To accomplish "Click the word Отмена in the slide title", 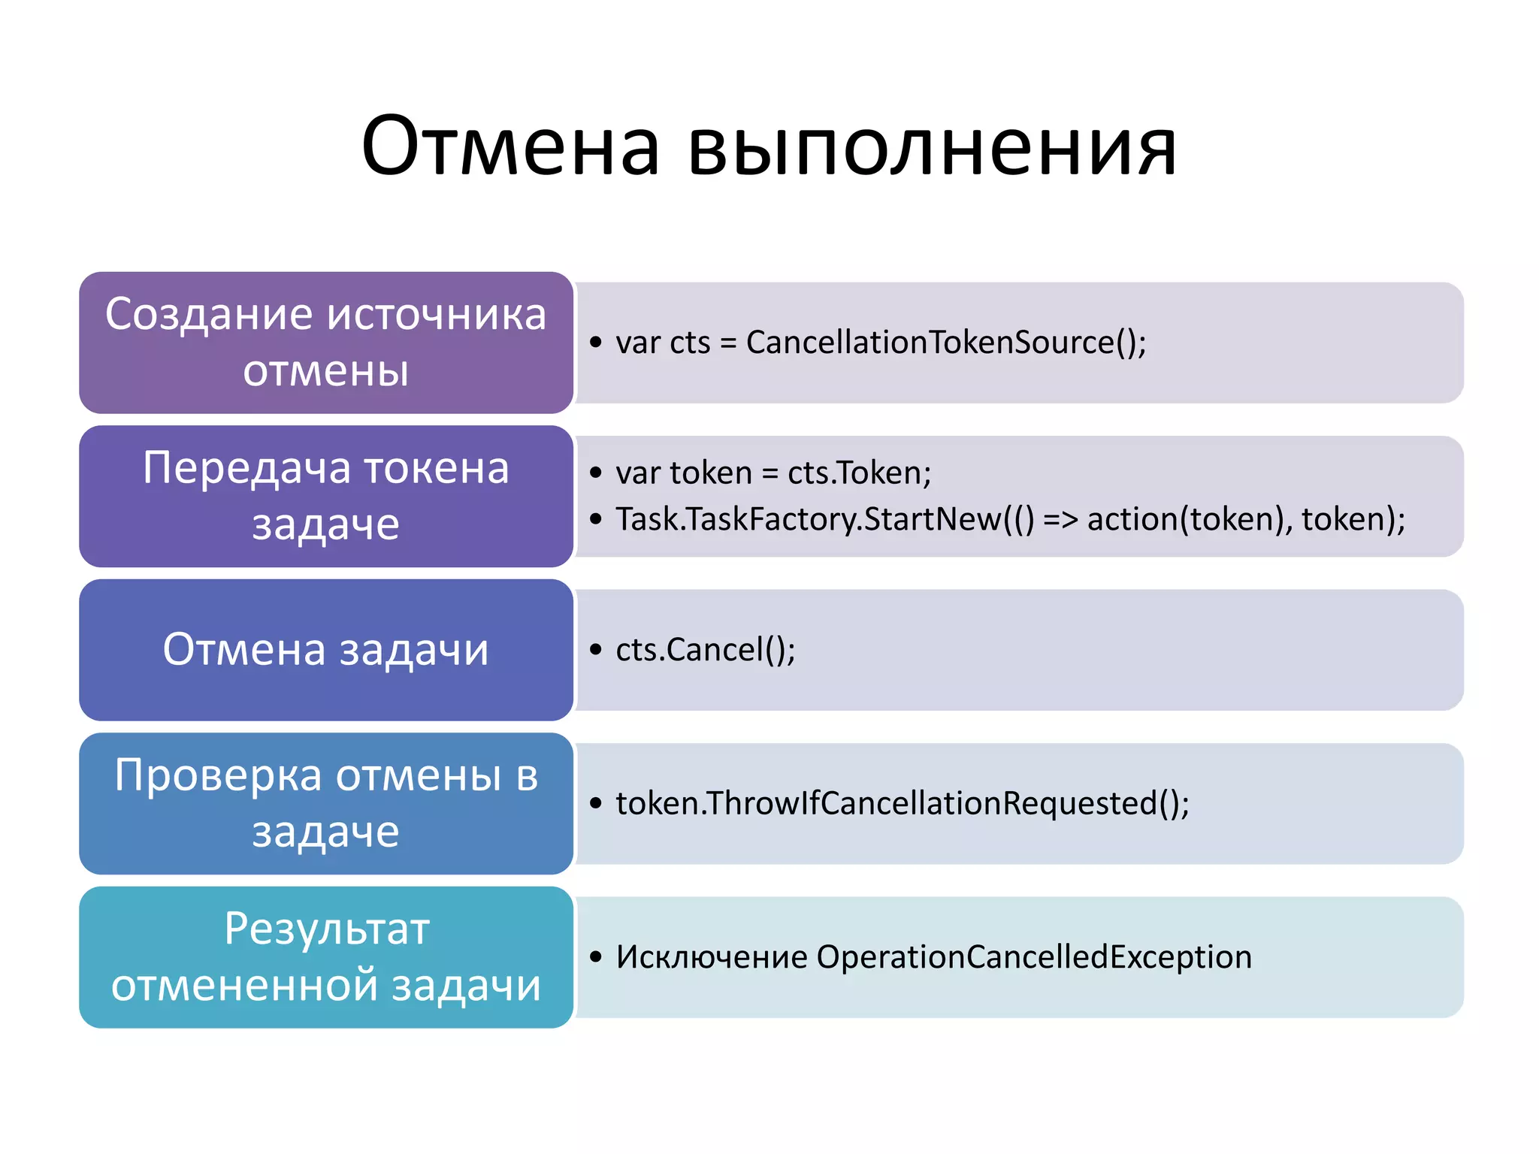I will (x=510, y=146).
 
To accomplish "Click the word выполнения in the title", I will (x=932, y=149).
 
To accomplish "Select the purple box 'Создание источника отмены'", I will (x=325, y=343).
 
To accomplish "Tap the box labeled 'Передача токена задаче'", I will (x=325, y=496).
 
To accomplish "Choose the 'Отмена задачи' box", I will (x=325, y=650).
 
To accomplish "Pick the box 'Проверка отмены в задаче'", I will (x=325, y=803).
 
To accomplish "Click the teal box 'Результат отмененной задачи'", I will (x=325, y=957).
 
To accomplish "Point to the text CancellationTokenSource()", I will (x=945, y=343).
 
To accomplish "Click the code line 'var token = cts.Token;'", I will (x=773, y=473).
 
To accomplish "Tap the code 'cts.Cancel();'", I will (x=705, y=650).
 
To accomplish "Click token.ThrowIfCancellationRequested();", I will (x=902, y=803).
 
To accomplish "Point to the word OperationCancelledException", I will (x=1033, y=957).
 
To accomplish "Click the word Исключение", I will (x=711, y=957).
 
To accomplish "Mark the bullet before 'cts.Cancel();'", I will (x=596, y=650).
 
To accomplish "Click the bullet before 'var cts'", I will (x=596, y=343).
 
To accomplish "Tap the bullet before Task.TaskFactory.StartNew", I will (x=596, y=519).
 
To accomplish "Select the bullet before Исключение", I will (x=596, y=957).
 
